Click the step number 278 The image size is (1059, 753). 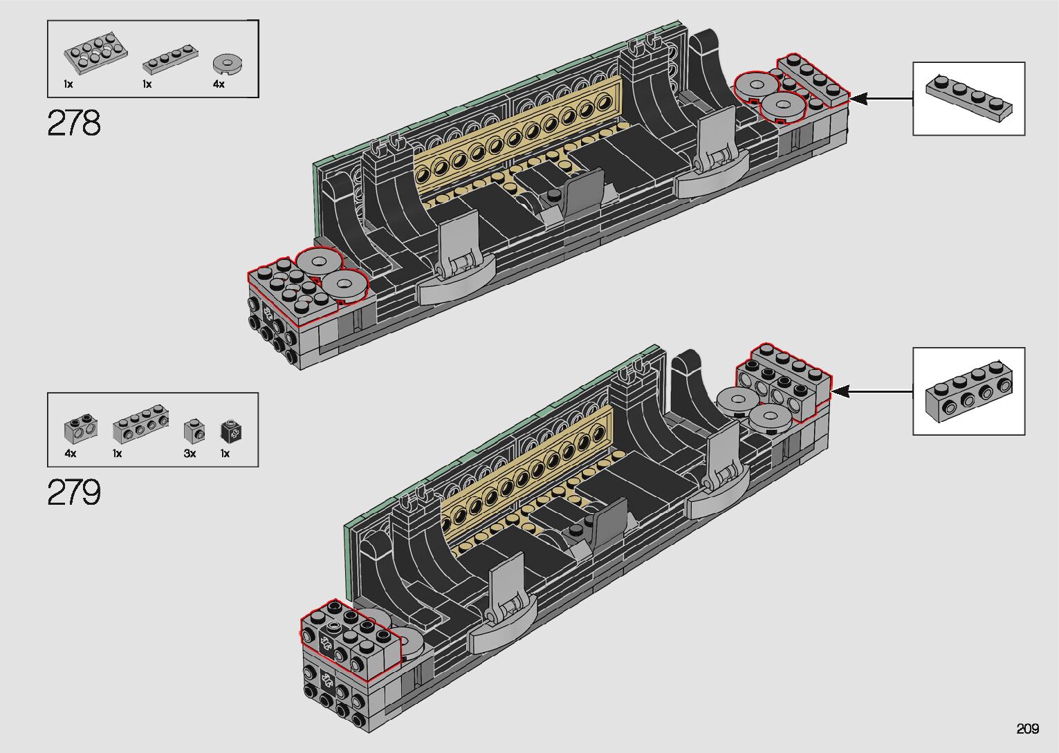[74, 123]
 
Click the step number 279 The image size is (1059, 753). [74, 492]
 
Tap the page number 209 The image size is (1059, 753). [1027, 728]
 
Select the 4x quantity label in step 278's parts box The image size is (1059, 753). [219, 84]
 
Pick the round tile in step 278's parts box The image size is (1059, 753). [228, 64]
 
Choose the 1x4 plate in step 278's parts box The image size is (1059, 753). [170, 59]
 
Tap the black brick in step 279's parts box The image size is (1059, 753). [231, 431]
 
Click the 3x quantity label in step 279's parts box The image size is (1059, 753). [190, 454]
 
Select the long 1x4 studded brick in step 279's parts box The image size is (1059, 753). [141, 424]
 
